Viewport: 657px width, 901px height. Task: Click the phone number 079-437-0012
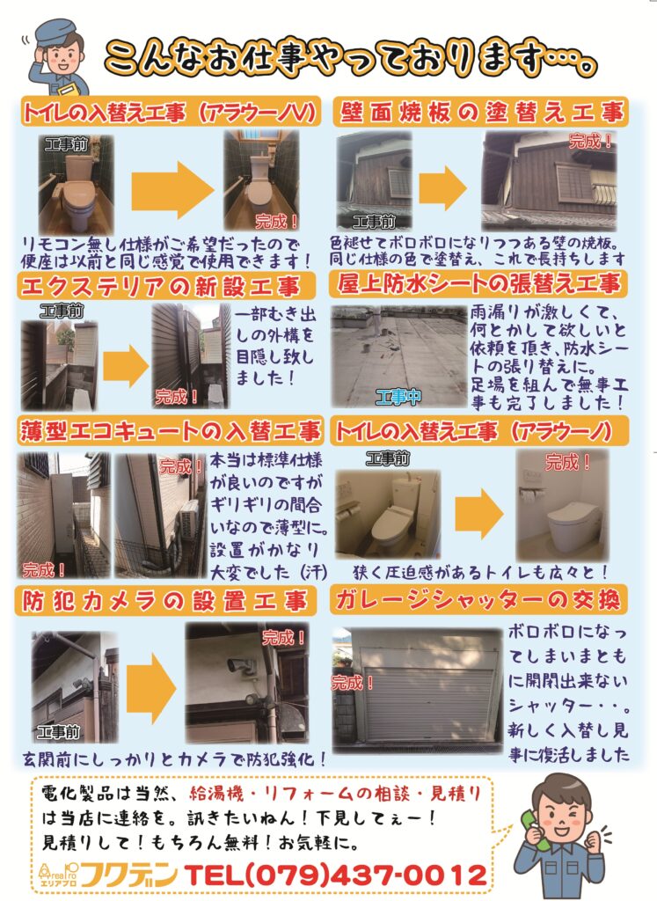pos(337,875)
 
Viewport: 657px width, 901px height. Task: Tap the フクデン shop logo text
pos(128,875)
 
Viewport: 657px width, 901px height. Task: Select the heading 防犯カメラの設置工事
pos(164,601)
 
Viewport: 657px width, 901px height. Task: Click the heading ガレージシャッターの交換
pos(478,600)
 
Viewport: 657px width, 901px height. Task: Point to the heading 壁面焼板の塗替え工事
pos(481,112)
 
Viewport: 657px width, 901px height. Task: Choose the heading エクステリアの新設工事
pos(160,286)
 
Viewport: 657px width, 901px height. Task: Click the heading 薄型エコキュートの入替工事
pos(170,431)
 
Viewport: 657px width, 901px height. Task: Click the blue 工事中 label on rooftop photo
pos(398,396)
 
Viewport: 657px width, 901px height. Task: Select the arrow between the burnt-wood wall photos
pos(442,188)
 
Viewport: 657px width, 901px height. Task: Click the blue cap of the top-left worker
pos(55,33)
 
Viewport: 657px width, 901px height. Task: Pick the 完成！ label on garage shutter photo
pos(352,683)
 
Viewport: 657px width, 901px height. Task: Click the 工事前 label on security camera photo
pos(57,731)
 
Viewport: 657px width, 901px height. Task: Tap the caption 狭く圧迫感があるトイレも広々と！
pos(480,572)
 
